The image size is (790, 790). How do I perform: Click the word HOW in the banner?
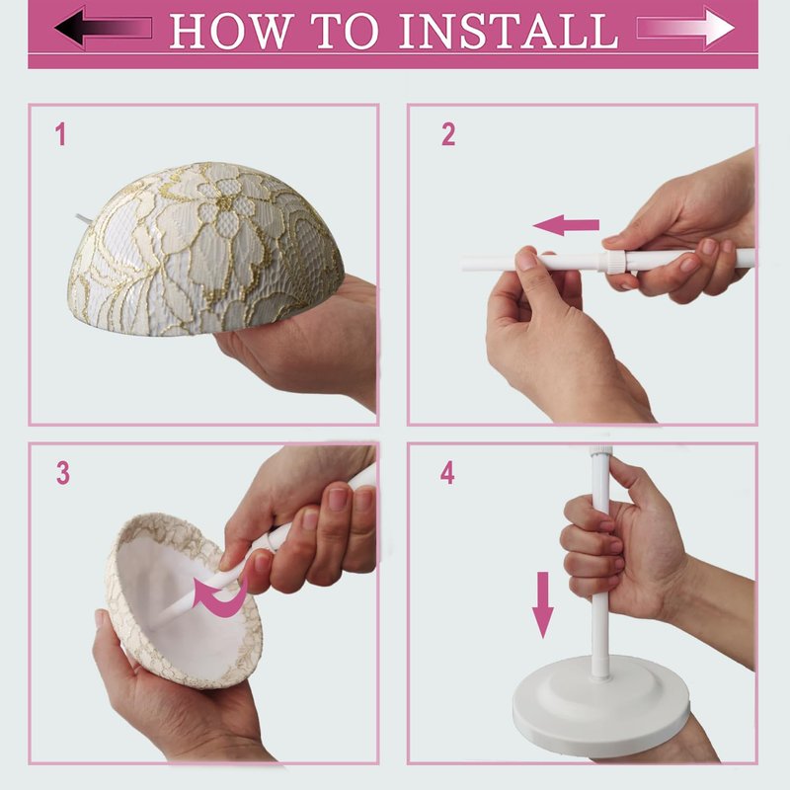click(x=231, y=31)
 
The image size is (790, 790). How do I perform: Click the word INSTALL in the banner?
click(x=509, y=31)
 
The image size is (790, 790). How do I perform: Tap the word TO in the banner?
click(x=345, y=31)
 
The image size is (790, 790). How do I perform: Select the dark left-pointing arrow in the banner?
click(x=104, y=28)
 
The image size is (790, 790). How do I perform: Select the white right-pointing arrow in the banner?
click(x=685, y=28)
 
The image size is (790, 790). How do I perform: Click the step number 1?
click(x=60, y=134)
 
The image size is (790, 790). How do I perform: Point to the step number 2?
click(x=448, y=134)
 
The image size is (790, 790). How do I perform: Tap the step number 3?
click(x=63, y=474)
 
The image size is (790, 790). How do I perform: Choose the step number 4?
click(x=447, y=474)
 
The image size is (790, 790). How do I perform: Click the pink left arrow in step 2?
click(x=566, y=225)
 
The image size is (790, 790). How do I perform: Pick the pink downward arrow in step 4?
click(x=542, y=604)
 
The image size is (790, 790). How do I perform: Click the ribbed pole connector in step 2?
click(x=614, y=262)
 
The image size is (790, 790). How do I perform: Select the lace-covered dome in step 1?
click(x=205, y=250)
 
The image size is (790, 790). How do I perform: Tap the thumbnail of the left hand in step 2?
click(x=527, y=260)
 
